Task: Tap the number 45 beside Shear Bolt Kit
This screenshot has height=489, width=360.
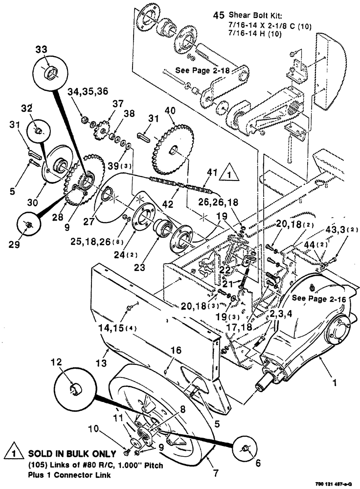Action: tap(219, 15)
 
